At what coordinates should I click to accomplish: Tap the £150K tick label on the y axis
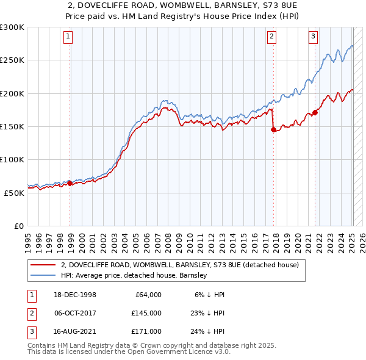coord(12,126)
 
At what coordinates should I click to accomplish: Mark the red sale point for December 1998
coord(70,182)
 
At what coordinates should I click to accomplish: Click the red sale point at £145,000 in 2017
coord(273,129)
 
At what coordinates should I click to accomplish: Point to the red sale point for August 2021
coord(315,112)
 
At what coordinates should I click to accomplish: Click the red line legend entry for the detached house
coord(179,265)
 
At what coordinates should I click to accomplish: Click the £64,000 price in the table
coord(148,295)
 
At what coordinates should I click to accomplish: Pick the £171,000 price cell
coord(146,331)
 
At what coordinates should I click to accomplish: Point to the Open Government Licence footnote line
coord(129,352)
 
